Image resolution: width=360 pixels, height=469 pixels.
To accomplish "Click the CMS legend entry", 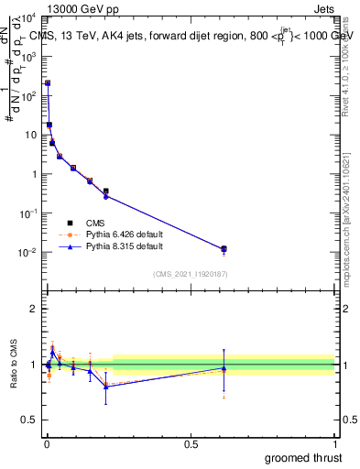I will pos(94,223).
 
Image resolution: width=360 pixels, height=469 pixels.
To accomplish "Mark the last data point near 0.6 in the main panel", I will pos(224,249).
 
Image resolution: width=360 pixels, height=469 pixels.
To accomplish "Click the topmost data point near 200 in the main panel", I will pos(48,83).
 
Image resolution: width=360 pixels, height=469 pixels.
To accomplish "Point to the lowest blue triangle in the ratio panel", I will pos(106,387).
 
